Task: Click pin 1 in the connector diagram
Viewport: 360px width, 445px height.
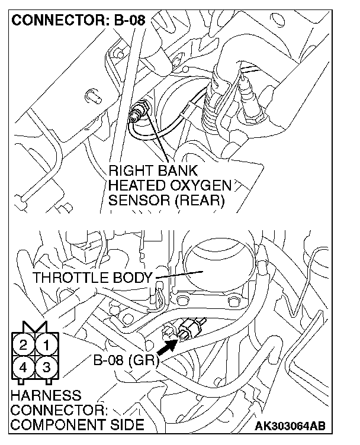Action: [47, 344]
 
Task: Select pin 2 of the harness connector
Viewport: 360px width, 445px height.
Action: [24, 344]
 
